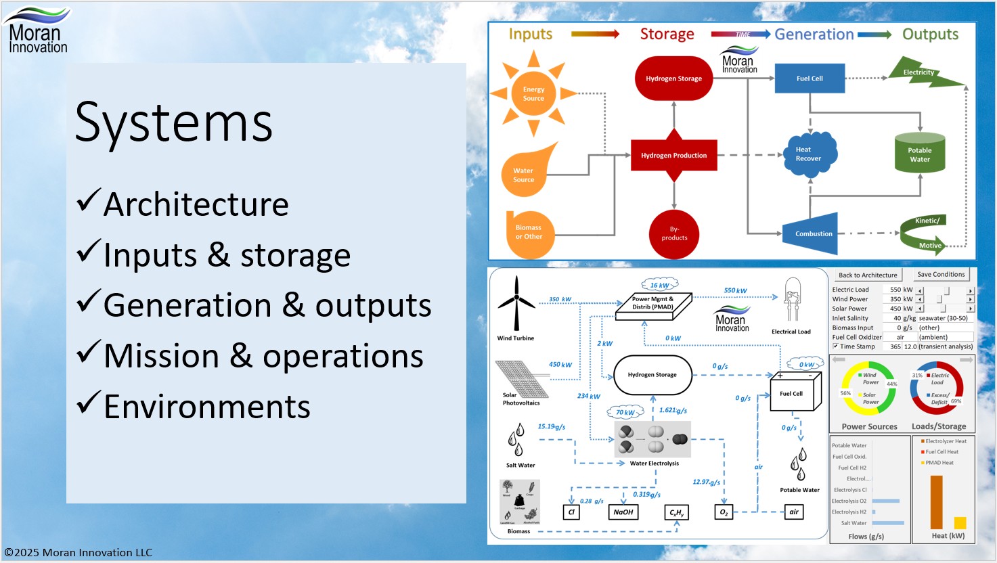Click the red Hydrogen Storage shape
click(673, 78)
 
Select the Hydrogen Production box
click(673, 155)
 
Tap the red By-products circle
click(674, 233)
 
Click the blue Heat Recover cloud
click(809, 154)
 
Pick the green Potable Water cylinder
click(919, 154)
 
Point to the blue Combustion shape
click(812, 233)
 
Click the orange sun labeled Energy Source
click(533, 93)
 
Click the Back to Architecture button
click(868, 275)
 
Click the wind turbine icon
click(516, 304)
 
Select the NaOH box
click(623, 512)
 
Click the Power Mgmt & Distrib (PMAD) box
click(652, 303)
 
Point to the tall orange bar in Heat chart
click(937, 501)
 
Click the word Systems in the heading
click(173, 122)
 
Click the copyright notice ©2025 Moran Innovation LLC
click(79, 552)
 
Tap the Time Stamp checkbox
click(835, 346)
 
